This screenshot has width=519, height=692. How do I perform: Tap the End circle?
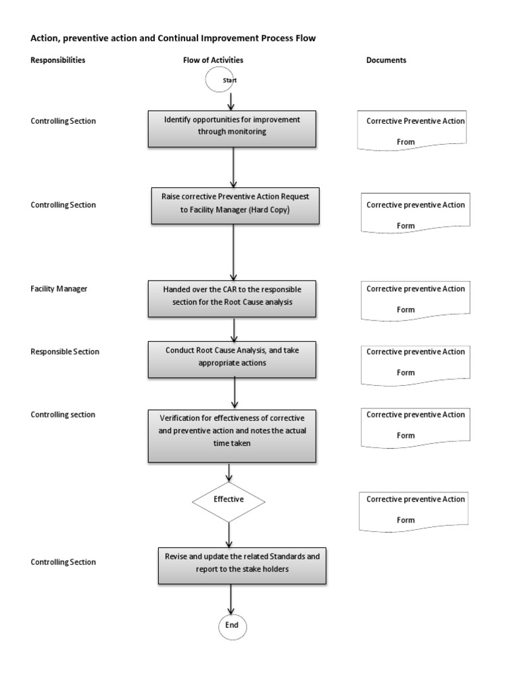232,626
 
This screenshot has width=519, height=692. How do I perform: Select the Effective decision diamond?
228,501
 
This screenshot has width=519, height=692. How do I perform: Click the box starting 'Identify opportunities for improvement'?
232,127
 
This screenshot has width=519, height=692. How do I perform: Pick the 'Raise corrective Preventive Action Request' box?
234,205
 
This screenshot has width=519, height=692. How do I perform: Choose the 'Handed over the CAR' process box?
232,297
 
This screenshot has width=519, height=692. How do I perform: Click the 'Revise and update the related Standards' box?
242,566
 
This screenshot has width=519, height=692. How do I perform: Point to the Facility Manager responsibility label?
59,289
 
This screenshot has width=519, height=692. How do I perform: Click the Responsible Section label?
65,352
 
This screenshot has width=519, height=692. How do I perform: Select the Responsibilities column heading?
58,60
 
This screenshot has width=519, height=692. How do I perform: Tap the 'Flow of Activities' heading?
213,60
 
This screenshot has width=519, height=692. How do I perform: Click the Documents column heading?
386,60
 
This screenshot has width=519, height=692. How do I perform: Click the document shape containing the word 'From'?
415,131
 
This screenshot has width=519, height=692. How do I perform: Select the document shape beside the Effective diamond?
415,510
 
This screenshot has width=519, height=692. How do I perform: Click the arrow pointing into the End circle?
232,600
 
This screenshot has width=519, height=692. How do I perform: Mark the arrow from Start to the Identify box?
232,101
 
